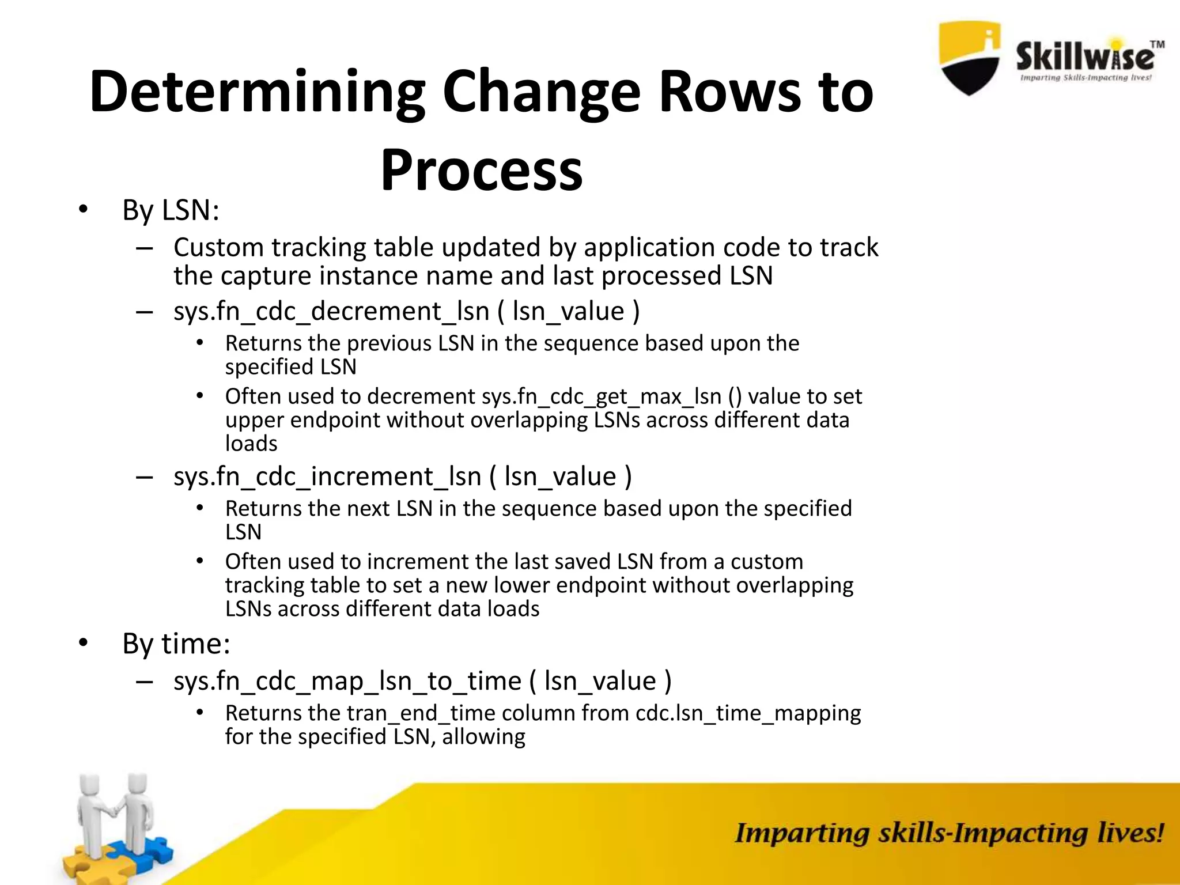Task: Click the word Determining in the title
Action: [257, 92]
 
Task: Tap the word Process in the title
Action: [481, 171]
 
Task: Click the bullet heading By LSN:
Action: [171, 210]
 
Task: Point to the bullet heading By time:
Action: [176, 644]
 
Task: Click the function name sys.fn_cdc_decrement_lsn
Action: [331, 312]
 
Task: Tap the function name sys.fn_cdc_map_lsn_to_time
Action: [347, 682]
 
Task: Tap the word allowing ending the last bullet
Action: [483, 737]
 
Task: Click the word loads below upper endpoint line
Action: [251, 444]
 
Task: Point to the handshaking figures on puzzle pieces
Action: [115, 818]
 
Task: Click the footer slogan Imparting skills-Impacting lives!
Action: [948, 833]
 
